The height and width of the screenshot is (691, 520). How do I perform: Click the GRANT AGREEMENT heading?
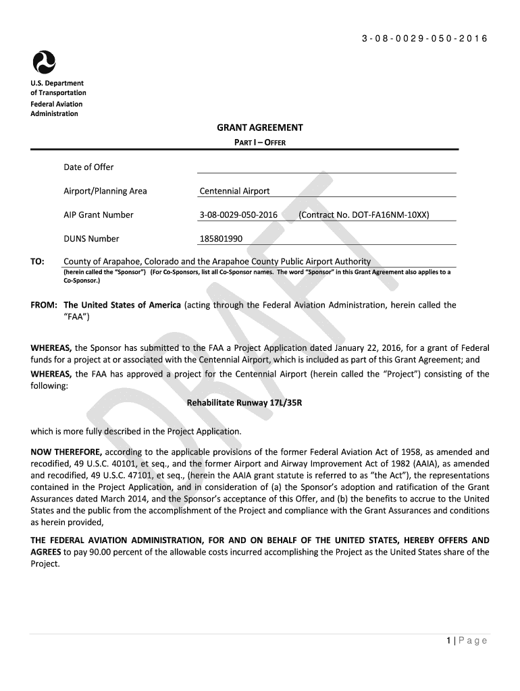pos(259,128)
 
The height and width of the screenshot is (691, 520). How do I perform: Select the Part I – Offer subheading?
pos(259,142)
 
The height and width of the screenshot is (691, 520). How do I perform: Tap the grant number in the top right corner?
pos(424,38)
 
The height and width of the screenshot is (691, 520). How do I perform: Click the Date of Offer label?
pos(88,167)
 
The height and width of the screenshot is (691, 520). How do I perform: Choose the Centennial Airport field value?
pos(234,191)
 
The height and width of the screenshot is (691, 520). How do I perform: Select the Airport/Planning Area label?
pos(105,191)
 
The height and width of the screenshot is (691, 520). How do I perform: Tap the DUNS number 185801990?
pos(221,238)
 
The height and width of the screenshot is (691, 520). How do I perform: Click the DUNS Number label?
pos(91,238)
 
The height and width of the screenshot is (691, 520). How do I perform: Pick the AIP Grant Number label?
pos(98,215)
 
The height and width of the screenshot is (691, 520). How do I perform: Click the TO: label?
pos(38,261)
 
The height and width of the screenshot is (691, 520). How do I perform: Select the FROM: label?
pos(45,305)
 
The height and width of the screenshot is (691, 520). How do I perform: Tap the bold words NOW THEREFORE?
pos(66,451)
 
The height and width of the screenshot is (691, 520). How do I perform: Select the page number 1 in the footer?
pos(449,640)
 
